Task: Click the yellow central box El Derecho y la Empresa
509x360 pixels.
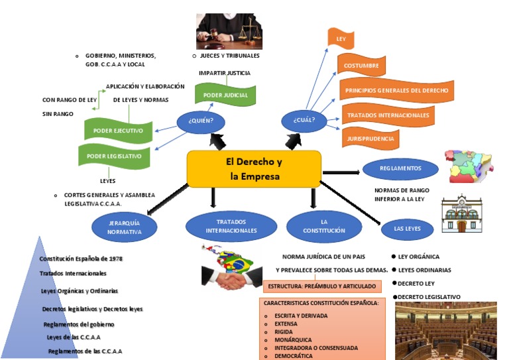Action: click(254, 169)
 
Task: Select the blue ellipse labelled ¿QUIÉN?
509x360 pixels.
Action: click(200, 121)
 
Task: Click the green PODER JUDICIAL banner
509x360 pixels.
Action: click(225, 95)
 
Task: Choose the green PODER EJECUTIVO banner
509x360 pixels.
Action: click(118, 131)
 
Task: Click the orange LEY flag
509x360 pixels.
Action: click(341, 40)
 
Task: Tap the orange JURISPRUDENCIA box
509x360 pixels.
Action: click(370, 139)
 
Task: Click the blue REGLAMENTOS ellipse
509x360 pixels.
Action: click(400, 168)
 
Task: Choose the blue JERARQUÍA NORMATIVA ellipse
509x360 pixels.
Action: click(125, 227)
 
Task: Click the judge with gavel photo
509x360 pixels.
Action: click(229, 31)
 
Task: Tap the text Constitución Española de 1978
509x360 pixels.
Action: click(81, 259)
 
